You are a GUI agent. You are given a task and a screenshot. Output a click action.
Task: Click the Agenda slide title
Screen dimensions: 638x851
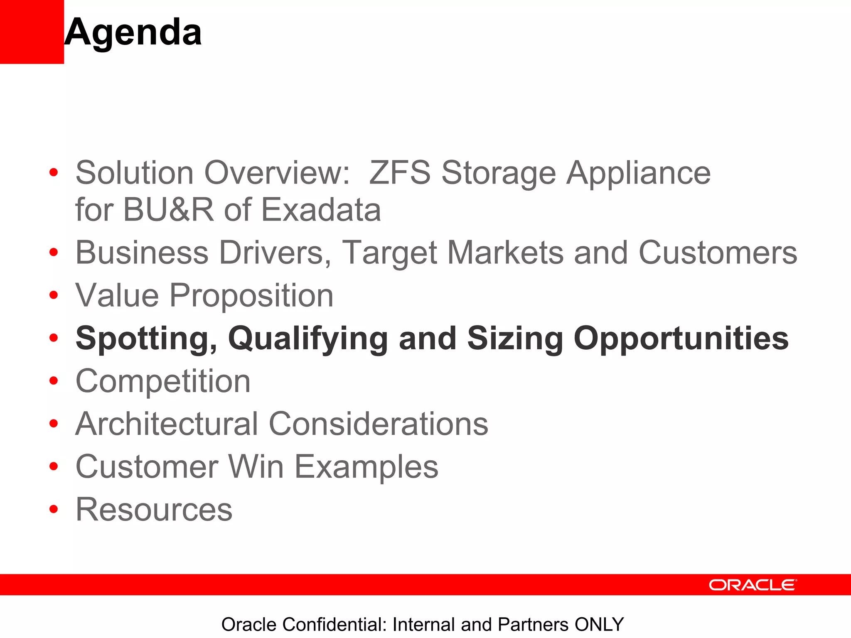tap(133, 32)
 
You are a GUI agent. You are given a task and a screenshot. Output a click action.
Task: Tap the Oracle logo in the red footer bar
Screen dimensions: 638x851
tap(753, 585)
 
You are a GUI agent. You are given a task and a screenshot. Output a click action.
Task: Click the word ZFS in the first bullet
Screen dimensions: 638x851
tap(400, 172)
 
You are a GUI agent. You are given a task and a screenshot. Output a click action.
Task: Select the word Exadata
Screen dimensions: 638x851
tap(321, 209)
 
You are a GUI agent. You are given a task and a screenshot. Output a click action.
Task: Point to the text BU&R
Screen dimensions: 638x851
tap(168, 209)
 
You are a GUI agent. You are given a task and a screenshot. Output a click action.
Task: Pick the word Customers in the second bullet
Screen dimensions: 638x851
tap(718, 253)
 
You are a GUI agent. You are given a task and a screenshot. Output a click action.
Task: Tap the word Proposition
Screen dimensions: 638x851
tap(251, 296)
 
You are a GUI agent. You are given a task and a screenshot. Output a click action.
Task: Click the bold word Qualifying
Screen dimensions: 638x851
tap(307, 339)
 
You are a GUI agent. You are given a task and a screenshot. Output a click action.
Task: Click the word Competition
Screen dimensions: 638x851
tap(163, 381)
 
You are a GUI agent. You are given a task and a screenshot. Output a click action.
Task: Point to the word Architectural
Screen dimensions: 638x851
tap(166, 424)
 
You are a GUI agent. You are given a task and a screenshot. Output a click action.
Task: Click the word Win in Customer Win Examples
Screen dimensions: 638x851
tap(256, 466)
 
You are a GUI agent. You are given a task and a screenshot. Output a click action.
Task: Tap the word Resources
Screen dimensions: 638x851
tap(154, 510)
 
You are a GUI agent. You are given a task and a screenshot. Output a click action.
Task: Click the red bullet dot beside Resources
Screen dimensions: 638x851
tap(54, 509)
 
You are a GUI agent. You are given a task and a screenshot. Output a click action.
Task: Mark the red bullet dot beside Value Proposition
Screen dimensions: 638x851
tap(54, 295)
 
